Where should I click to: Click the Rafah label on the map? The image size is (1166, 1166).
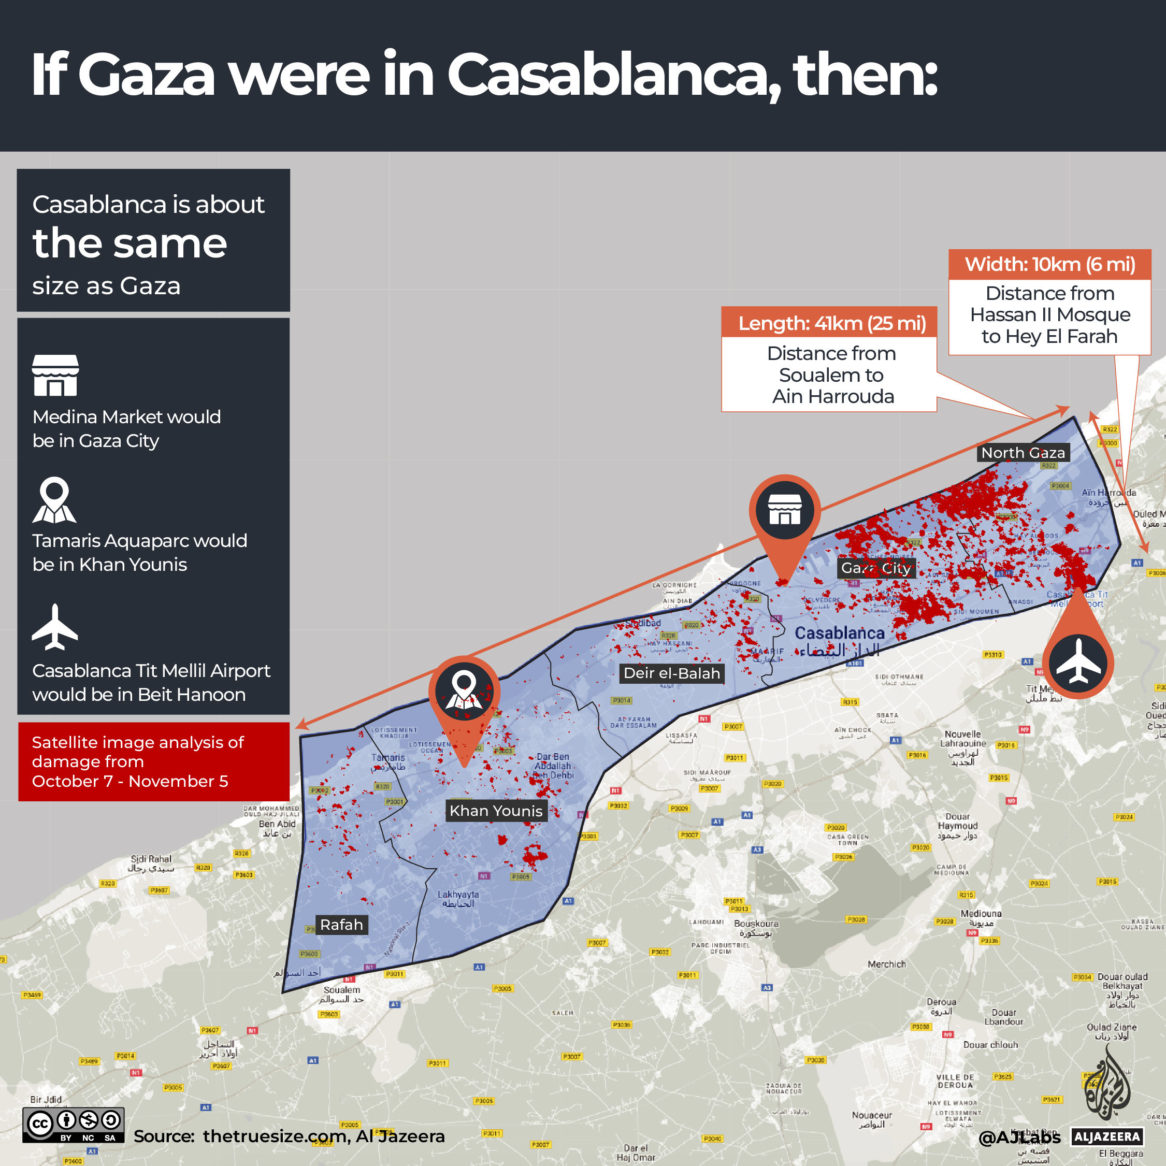tap(341, 925)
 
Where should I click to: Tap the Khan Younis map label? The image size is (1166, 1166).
tap(496, 811)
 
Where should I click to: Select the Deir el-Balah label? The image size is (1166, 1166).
tap(672, 673)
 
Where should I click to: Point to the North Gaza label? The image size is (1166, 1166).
tap(1023, 453)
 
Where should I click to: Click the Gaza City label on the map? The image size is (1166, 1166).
tap(876, 568)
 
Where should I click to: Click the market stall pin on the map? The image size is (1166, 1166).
tap(785, 510)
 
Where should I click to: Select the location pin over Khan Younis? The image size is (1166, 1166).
tap(464, 692)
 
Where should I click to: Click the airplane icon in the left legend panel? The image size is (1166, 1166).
tap(55, 628)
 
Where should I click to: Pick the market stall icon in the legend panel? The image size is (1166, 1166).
tap(55, 375)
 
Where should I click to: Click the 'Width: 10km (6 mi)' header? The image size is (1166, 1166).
tap(1049, 264)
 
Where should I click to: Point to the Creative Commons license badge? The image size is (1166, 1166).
tap(74, 1125)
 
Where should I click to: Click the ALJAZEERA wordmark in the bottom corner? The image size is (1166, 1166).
tap(1107, 1137)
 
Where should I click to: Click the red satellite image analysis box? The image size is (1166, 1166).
tap(154, 761)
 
